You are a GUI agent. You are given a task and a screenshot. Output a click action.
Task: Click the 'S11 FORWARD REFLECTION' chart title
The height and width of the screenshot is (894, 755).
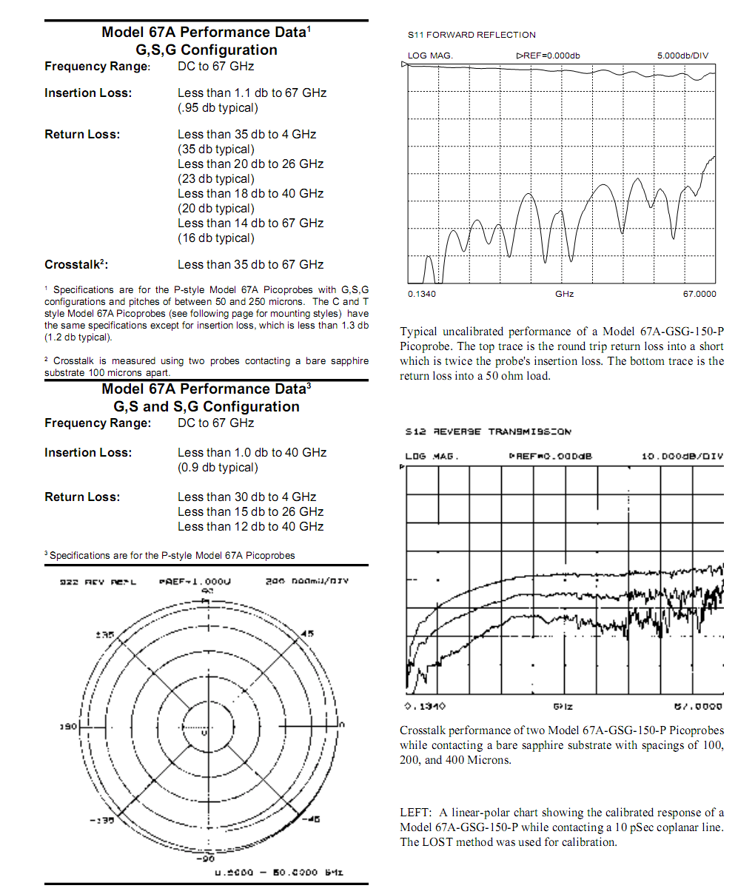click(x=472, y=35)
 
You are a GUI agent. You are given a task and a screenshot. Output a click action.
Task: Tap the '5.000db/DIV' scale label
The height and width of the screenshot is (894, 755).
click(x=682, y=56)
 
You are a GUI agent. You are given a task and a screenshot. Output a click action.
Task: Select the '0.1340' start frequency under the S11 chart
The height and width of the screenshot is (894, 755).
click(x=422, y=294)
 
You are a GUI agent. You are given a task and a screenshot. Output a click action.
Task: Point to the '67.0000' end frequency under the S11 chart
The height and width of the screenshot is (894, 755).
click(x=699, y=294)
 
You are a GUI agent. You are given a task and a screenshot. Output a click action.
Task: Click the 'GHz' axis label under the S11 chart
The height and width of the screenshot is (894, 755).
click(x=564, y=294)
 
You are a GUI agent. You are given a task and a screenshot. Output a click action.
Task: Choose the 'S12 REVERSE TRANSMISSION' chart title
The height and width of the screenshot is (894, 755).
click(x=488, y=431)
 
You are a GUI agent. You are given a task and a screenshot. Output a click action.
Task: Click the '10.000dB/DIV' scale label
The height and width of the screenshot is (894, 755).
click(x=682, y=457)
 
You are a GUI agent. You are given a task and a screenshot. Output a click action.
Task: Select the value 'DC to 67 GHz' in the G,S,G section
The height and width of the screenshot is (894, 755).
click(x=215, y=67)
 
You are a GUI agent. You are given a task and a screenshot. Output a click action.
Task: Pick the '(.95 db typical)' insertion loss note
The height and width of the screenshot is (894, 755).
click(x=218, y=108)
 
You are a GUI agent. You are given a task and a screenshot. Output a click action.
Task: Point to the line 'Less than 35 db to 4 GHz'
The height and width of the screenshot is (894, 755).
click(x=246, y=135)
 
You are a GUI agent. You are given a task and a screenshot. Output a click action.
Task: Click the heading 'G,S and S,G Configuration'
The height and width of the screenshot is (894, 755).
click(x=207, y=407)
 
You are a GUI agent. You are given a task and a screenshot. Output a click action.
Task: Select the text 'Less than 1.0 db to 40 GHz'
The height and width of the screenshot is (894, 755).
click(x=252, y=453)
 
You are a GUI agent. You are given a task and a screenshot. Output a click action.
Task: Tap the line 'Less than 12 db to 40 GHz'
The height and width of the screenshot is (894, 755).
click(x=250, y=527)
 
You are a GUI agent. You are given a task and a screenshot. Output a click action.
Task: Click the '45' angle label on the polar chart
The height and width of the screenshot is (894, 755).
click(x=308, y=633)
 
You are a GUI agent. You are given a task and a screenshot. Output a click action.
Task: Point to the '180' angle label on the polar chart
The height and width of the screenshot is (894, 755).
click(x=68, y=727)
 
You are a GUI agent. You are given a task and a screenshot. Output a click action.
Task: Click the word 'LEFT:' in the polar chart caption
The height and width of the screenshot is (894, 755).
click(x=415, y=813)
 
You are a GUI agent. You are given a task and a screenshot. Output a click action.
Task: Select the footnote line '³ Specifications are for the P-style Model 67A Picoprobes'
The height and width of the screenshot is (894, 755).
click(x=170, y=556)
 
